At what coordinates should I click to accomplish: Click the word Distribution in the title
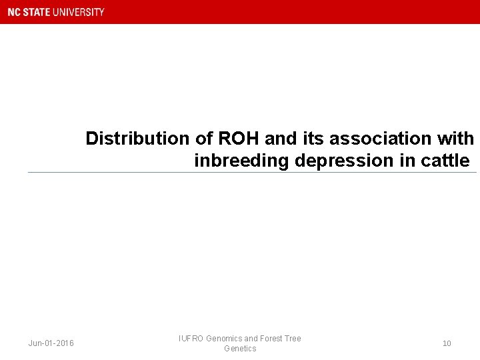(x=137, y=139)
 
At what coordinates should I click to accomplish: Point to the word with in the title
(x=458, y=139)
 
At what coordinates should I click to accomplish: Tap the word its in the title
(x=312, y=139)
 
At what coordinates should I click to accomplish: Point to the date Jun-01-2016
(x=51, y=343)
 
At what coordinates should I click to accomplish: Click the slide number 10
(x=447, y=343)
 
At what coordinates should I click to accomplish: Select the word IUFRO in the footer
(x=191, y=339)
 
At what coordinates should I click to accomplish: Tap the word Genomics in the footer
(x=225, y=339)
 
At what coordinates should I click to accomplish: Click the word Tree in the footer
(x=293, y=339)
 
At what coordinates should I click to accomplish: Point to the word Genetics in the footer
(x=240, y=349)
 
